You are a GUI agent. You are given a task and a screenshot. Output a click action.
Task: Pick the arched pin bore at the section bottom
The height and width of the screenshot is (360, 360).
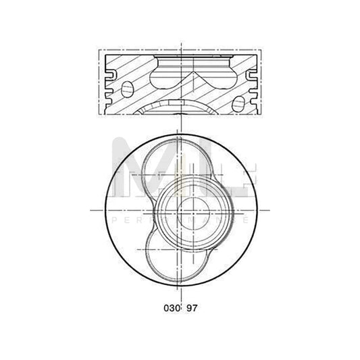(x=180, y=108)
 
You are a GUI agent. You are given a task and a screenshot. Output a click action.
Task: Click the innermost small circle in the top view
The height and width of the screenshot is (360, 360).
(x=180, y=209)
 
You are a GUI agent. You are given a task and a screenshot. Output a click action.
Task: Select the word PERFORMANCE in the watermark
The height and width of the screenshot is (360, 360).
(x=180, y=220)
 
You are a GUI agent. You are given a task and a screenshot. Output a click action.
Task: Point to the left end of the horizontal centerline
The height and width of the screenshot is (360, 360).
(x=92, y=209)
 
